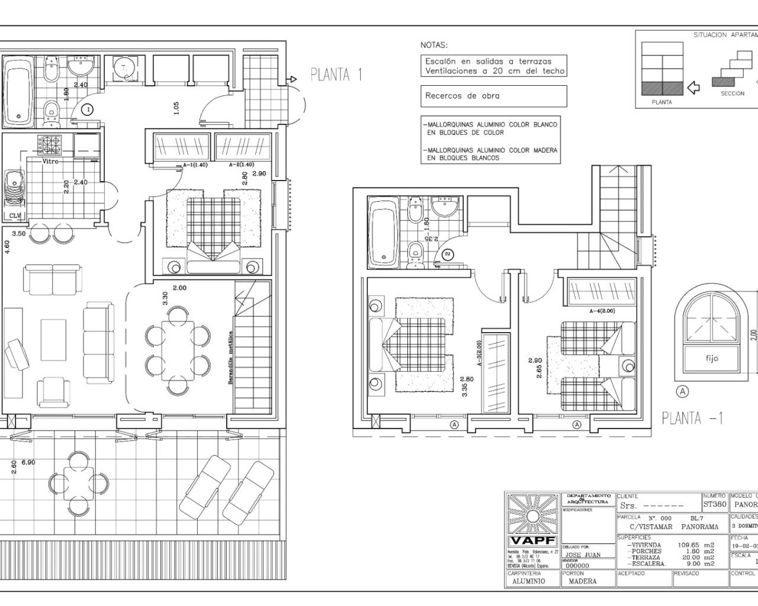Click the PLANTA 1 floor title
point(336,75)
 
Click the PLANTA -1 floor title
point(692,418)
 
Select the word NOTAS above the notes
point(434,45)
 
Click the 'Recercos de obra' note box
point(493,96)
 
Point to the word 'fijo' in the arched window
point(712,358)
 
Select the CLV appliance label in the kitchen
point(14,215)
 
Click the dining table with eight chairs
point(178,350)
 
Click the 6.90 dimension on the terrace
point(28,463)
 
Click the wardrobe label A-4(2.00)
point(602,311)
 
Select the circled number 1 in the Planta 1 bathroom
point(87,109)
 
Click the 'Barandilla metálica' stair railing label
point(230,358)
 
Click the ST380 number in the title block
point(715,505)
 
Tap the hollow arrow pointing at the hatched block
point(692,88)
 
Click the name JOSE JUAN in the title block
point(582,555)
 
